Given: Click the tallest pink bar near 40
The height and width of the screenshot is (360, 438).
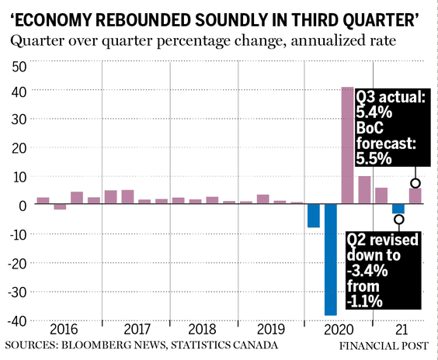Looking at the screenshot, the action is click(347, 145).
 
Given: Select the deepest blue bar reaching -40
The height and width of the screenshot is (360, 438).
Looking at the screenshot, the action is click(331, 260).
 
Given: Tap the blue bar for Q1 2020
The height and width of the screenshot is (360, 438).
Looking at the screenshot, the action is click(314, 216).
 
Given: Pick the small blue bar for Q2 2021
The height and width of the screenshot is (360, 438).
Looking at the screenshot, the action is click(398, 209).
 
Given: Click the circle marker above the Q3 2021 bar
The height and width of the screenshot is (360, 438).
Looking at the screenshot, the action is click(415, 183).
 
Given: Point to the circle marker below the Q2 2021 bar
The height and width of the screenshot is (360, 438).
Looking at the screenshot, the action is click(399, 220).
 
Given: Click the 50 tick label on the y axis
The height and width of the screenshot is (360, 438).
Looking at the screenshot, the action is click(19, 67).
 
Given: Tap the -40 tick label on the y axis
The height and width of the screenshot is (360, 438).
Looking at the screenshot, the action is click(17, 321).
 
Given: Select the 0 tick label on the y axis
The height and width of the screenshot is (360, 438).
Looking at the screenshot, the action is click(23, 206).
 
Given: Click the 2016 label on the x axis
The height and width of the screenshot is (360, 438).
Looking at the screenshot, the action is click(64, 329).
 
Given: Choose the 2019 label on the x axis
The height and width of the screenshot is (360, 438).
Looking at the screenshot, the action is click(270, 329).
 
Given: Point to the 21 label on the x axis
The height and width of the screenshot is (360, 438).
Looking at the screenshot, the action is click(401, 330).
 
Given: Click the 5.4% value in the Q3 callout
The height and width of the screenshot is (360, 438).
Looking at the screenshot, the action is click(374, 112).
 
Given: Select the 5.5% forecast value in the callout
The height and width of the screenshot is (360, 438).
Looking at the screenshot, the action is click(374, 159).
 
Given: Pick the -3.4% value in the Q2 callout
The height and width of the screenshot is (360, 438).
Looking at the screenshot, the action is click(367, 271).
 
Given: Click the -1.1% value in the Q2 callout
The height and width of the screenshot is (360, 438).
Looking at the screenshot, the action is click(364, 302).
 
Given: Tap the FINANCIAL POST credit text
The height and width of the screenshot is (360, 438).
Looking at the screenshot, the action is click(384, 346).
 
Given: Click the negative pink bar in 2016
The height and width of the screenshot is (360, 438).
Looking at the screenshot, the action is click(60, 206).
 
